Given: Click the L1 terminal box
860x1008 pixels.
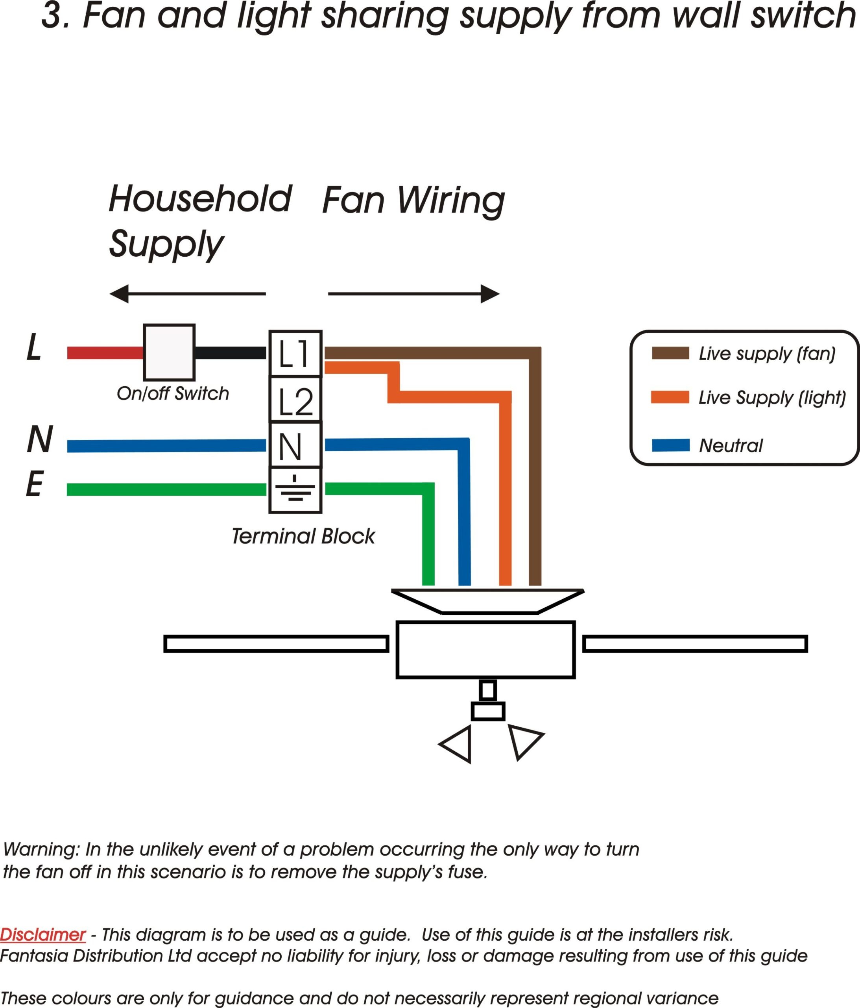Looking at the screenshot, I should (x=295, y=354).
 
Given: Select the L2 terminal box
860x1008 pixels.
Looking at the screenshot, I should (x=295, y=399).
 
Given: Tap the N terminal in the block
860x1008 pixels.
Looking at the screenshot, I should (x=295, y=445).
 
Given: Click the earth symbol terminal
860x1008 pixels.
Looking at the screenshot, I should (x=295, y=490).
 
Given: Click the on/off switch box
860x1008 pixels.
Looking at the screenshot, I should (x=169, y=353).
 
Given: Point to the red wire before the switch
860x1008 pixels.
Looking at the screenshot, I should (x=105, y=353).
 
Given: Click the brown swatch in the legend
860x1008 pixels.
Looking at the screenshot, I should (x=670, y=353).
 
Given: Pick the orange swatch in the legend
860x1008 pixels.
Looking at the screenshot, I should (x=670, y=397).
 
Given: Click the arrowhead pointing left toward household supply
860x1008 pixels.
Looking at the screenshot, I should (x=119, y=294).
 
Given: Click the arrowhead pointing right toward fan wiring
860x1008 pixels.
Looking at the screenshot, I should (x=490, y=294).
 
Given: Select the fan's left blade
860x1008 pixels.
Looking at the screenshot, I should (x=276, y=644).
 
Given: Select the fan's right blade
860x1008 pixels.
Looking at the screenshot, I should (x=695, y=644).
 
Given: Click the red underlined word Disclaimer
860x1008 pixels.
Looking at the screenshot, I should (x=43, y=934).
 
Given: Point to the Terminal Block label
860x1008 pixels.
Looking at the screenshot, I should (x=303, y=537).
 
